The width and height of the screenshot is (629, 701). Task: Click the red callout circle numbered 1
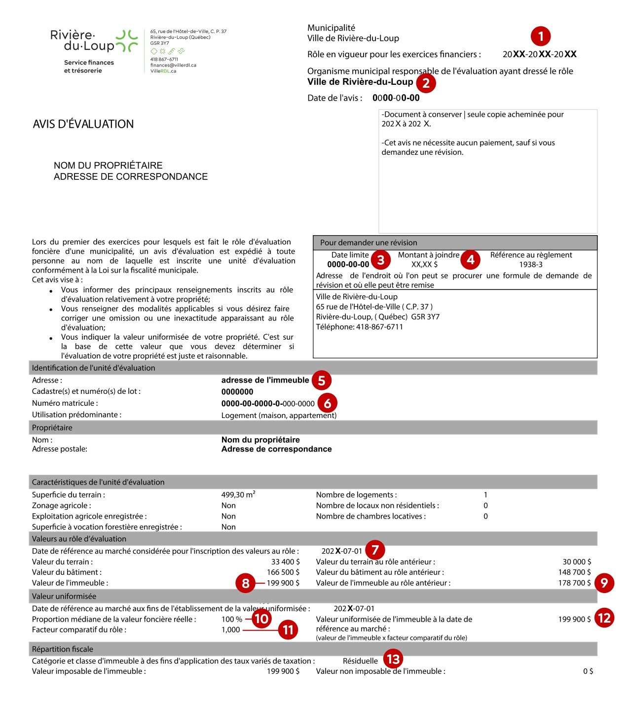click(541, 36)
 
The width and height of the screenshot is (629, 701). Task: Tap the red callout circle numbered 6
click(327, 403)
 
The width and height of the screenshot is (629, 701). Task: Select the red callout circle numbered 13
click(393, 659)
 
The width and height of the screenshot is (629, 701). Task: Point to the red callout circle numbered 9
click(604, 583)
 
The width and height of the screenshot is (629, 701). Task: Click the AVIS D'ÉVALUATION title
click(83, 124)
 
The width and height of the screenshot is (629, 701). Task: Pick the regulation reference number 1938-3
click(531, 265)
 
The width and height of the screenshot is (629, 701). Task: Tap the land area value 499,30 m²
click(238, 494)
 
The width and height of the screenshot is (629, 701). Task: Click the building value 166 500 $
click(283, 572)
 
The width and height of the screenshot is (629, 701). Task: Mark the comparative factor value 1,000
click(230, 630)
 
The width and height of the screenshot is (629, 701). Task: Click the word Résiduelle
click(360, 661)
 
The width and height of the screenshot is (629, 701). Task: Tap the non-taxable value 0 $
click(588, 671)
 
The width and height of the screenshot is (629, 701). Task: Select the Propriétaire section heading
click(52, 428)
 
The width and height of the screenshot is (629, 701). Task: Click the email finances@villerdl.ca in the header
click(173, 65)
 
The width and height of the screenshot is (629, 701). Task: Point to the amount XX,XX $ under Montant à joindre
click(424, 265)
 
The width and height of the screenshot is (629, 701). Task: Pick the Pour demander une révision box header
click(369, 243)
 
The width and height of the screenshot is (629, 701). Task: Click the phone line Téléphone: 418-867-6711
click(359, 327)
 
